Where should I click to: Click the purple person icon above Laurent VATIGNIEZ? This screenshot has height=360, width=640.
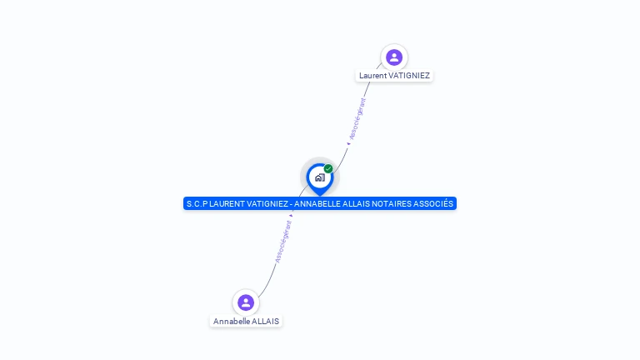(394, 57)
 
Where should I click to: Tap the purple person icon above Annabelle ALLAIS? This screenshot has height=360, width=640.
(245, 302)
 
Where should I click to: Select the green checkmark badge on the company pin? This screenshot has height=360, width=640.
(328, 169)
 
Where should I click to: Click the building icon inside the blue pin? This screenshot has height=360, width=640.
(319, 177)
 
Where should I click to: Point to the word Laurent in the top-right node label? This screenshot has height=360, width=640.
(373, 76)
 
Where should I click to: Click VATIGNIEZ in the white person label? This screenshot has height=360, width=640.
(409, 76)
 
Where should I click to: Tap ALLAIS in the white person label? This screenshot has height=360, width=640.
(266, 322)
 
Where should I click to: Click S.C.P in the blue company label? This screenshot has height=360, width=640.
(197, 203)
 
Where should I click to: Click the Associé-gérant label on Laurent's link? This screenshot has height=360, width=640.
(357, 118)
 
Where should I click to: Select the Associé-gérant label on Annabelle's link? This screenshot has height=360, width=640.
(283, 242)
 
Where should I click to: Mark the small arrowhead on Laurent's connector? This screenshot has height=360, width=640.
(349, 142)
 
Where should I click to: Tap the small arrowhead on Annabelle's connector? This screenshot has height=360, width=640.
(291, 215)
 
